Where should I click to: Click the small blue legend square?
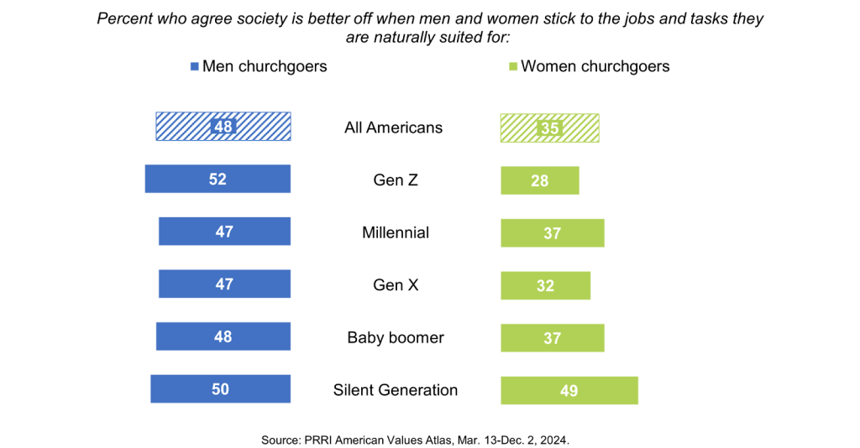pos(194,66)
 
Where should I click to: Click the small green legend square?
pos(513,66)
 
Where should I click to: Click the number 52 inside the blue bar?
pos(218,180)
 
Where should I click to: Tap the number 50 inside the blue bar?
pos(220,389)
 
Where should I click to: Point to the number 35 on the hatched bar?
pos(549,128)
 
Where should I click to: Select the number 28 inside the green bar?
pos(540,181)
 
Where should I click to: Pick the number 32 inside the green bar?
pos(545,286)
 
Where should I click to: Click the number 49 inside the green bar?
pos(569,391)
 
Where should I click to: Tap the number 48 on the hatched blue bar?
pos(223,127)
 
